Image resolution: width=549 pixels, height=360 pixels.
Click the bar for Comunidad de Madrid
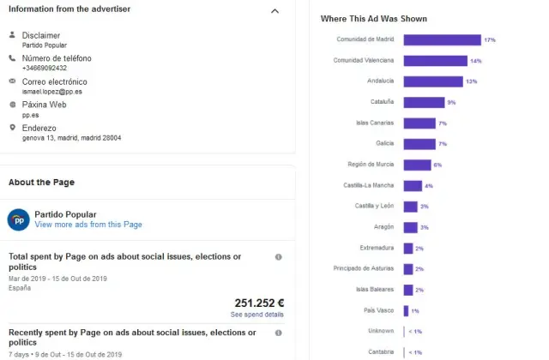(x=442, y=40)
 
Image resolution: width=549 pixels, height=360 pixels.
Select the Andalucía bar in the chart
(x=432, y=81)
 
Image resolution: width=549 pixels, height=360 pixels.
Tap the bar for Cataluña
(x=424, y=102)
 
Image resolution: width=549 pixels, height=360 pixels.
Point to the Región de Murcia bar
(x=417, y=165)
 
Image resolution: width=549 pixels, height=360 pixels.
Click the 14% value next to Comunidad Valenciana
(x=475, y=61)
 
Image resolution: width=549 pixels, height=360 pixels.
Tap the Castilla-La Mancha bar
(x=413, y=185)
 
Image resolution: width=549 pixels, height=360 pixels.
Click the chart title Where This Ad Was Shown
(x=373, y=18)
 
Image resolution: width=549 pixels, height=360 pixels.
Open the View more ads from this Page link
(x=88, y=225)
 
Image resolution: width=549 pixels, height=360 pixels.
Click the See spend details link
(x=257, y=315)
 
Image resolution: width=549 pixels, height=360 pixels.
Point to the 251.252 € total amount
(x=259, y=303)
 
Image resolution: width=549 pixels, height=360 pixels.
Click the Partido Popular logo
(x=19, y=219)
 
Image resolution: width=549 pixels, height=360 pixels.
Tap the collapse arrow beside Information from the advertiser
(x=274, y=11)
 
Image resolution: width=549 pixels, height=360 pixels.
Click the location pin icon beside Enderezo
(x=12, y=128)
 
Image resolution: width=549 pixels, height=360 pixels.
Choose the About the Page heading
(x=41, y=183)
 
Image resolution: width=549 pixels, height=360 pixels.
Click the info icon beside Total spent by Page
(x=278, y=256)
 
